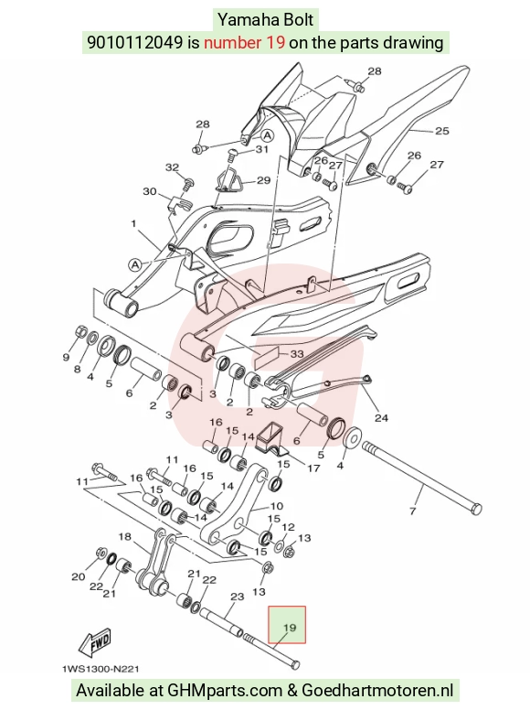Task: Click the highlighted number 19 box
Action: pyautogui.click(x=287, y=625)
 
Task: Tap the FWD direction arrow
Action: pyautogui.click(x=94, y=644)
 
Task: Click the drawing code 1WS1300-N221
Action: pyautogui.click(x=101, y=669)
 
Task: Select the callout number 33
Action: pyautogui.click(x=297, y=354)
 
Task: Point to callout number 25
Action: pyautogui.click(x=441, y=131)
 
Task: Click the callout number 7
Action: pyautogui.click(x=412, y=511)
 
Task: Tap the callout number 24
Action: pyautogui.click(x=381, y=417)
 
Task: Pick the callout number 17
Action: pyautogui.click(x=313, y=468)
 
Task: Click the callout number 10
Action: pyautogui.click(x=276, y=506)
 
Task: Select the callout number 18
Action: pyautogui.click(x=125, y=536)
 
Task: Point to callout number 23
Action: pyautogui.click(x=238, y=597)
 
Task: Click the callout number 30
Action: pyautogui.click(x=150, y=191)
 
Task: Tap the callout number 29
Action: pyautogui.click(x=264, y=180)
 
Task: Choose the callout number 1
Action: pyautogui.click(x=133, y=223)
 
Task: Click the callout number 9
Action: pyautogui.click(x=66, y=357)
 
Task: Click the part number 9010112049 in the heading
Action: pyautogui.click(x=135, y=43)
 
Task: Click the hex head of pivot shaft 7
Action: pyautogui.click(x=476, y=509)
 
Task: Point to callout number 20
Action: pyautogui.click(x=79, y=576)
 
